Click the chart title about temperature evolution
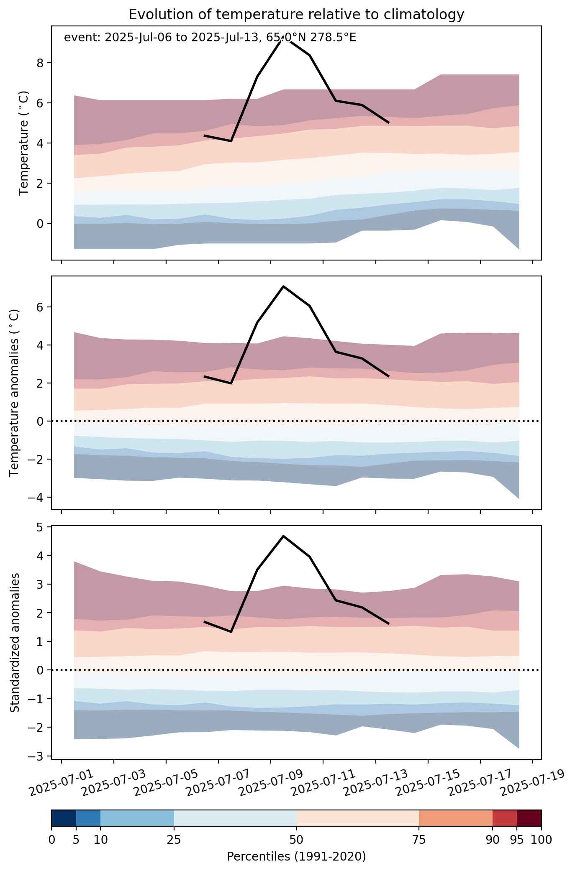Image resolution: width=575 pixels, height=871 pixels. click(x=296, y=15)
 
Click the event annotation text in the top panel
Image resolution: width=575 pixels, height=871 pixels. click(x=210, y=38)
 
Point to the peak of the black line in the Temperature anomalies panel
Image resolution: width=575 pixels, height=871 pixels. click(x=283, y=286)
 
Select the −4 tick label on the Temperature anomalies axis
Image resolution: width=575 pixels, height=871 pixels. click(x=37, y=498)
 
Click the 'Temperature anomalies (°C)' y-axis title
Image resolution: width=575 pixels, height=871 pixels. click(x=15, y=393)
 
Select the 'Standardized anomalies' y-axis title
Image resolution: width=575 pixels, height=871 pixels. click(x=15, y=643)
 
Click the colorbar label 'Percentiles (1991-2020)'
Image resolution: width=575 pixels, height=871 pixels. click(x=296, y=857)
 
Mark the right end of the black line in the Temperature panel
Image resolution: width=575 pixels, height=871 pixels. click(x=389, y=123)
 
